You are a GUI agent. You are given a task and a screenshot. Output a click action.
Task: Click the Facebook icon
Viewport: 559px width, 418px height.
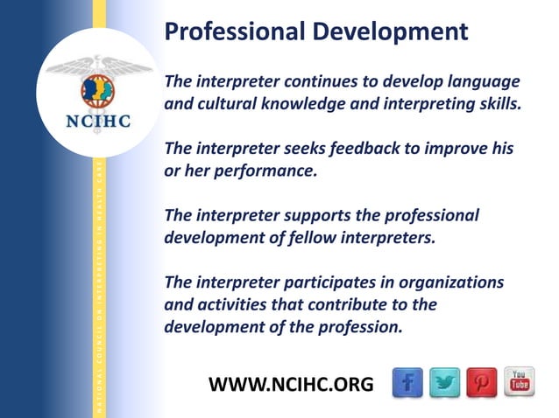tap(407, 382)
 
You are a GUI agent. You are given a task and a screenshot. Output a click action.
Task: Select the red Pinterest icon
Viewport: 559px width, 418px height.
tap(483, 382)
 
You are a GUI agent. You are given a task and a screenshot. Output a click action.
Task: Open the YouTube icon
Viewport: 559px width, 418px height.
tap(519, 382)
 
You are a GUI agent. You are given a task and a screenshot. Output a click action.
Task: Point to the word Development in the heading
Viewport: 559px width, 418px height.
tap(389, 33)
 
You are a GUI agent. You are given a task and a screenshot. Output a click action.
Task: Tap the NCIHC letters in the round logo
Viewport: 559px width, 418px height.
tap(98, 121)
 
